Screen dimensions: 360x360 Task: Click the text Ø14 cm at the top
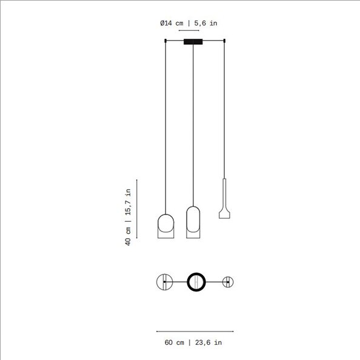[x=172, y=23]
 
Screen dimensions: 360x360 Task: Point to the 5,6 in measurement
[x=205, y=23]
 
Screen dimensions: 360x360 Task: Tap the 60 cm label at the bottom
[x=175, y=342]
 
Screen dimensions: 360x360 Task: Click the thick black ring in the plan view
[x=196, y=282]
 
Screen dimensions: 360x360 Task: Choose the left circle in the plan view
[x=164, y=282]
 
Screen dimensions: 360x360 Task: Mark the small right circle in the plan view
[x=227, y=282]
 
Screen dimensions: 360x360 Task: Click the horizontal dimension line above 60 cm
[x=195, y=332]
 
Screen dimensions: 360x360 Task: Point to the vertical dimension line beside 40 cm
[x=137, y=209]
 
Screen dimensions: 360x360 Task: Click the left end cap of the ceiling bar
[x=165, y=41]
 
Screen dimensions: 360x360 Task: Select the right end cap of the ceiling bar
[x=225, y=41]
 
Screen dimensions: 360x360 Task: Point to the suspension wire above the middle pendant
[x=193, y=121]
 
